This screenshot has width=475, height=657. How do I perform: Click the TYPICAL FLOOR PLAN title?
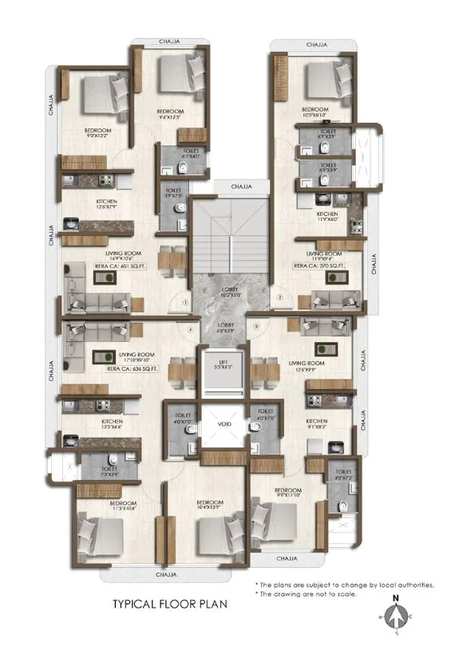click(170, 604)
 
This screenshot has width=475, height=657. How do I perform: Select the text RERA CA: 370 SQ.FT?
click(321, 265)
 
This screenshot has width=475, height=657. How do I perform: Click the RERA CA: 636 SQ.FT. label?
click(133, 368)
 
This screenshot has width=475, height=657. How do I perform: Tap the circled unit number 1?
click(184, 303)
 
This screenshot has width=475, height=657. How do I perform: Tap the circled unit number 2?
click(280, 298)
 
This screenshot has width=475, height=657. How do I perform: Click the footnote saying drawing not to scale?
click(307, 594)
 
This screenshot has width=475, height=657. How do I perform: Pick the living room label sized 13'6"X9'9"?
click(305, 368)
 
